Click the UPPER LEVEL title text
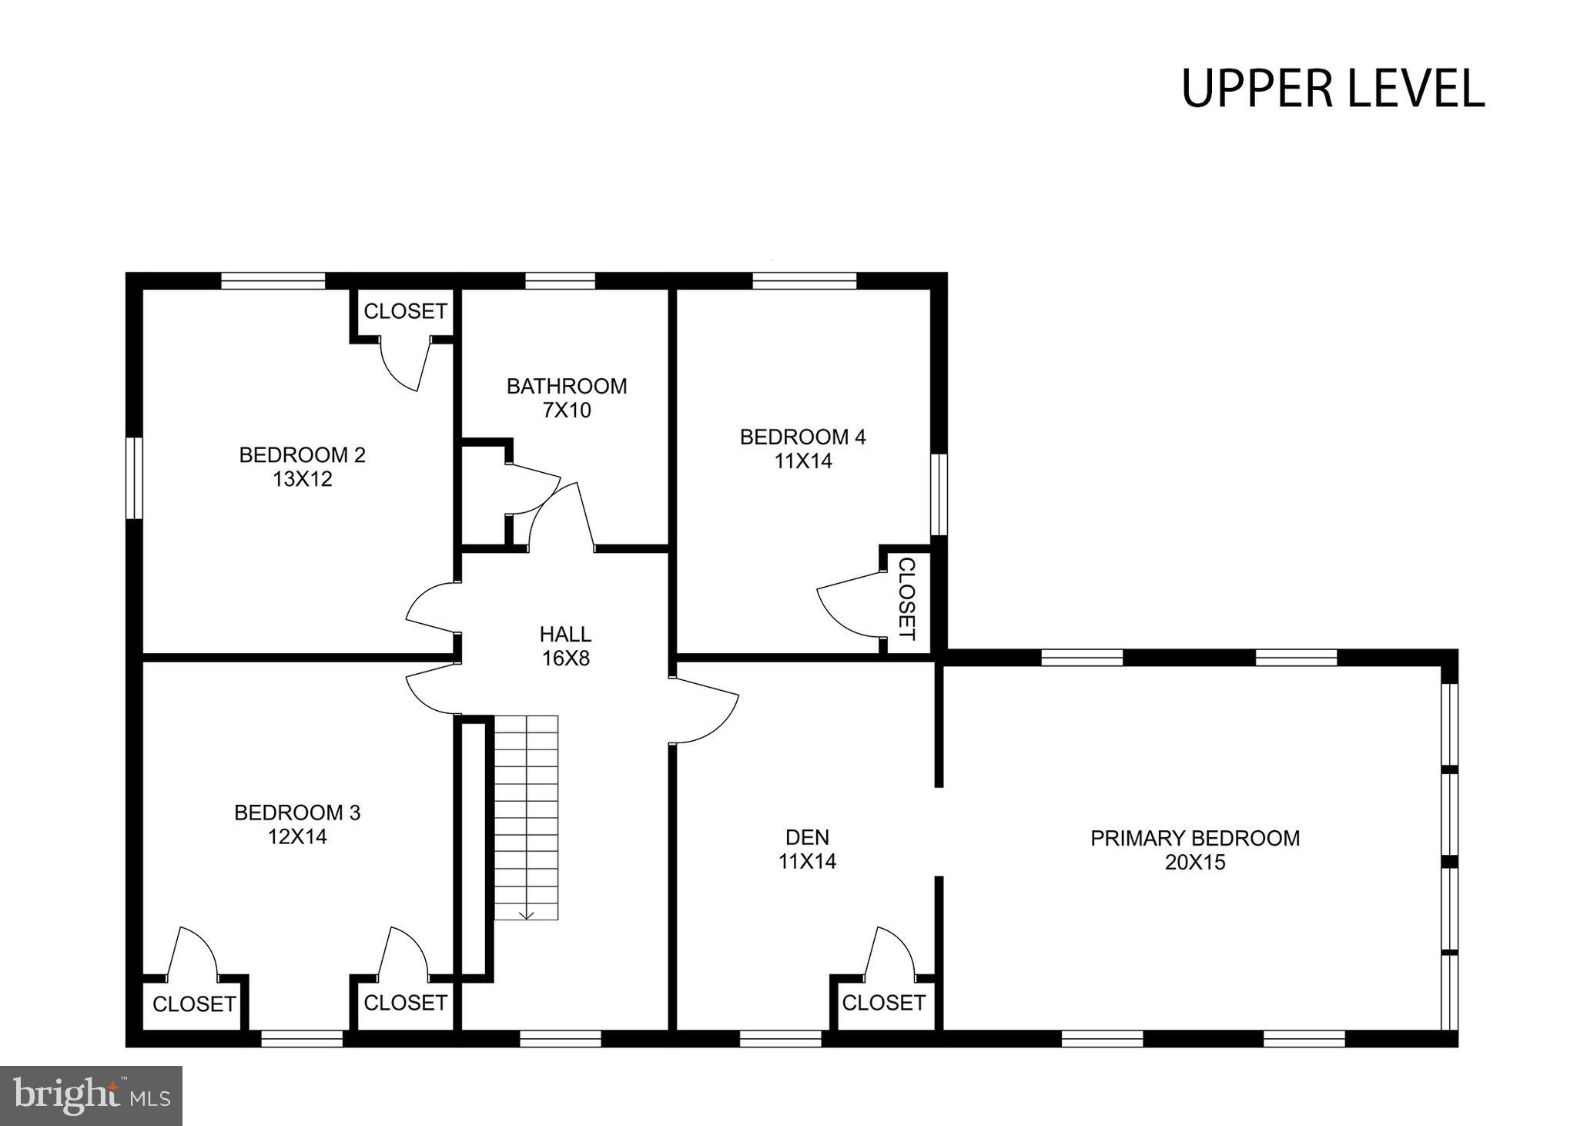pos(1332,89)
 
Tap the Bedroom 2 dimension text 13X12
pos(302,479)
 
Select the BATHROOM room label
pos(567,386)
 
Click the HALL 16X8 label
pos(565,646)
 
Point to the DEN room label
pos(807,836)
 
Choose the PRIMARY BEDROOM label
pos(1195,838)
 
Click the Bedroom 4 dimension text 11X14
pos(803,461)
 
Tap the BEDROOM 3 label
pos(297,813)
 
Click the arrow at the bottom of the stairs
pos(527,914)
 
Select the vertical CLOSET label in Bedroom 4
pos(907,599)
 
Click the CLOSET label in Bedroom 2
pos(405,311)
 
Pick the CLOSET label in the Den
pos(883,1003)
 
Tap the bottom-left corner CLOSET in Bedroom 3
pos(194,1004)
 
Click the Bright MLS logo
pos(91,1095)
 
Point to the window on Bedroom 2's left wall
pos(134,478)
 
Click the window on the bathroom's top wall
pos(560,280)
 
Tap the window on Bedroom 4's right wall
pos(939,494)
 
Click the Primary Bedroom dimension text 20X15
pos(1195,863)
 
